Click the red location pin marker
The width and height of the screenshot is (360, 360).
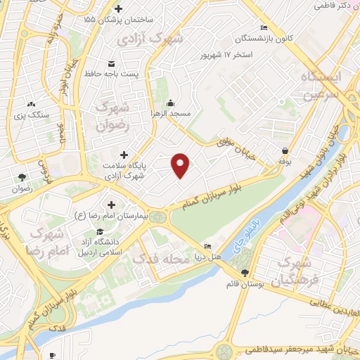[x=181, y=165]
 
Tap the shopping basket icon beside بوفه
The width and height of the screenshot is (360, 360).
[x=285, y=151]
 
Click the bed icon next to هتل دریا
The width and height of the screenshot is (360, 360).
[x=207, y=246]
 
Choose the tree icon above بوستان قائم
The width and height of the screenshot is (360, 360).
[x=244, y=273]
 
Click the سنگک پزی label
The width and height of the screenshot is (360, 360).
[x=31, y=114]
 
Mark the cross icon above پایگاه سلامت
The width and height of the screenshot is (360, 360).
[x=124, y=154]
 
